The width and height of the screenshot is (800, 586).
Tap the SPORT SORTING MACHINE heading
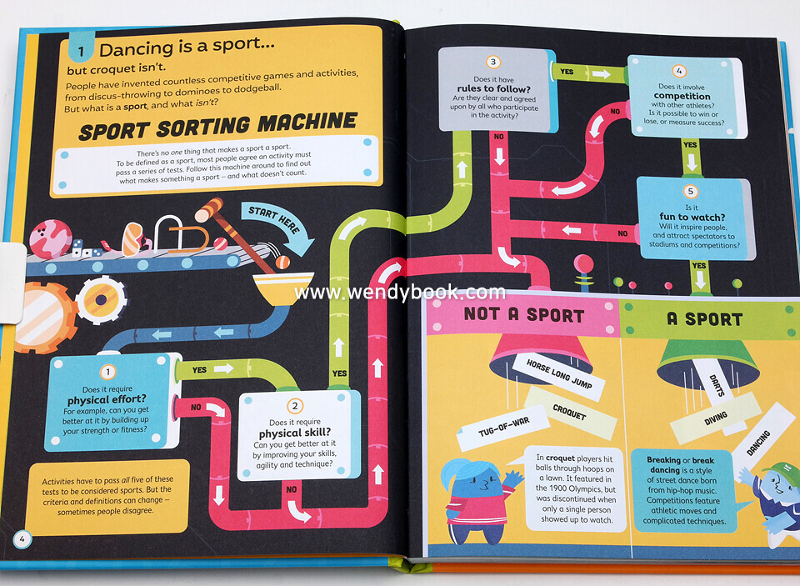(218, 125)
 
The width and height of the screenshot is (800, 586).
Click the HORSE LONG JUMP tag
(552, 371)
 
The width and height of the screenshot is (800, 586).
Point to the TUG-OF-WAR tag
(503, 427)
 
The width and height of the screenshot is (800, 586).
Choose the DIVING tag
(716, 418)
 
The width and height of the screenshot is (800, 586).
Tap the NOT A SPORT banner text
(524, 314)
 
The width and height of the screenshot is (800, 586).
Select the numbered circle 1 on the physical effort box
(108, 373)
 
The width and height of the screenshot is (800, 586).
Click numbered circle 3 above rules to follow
(493, 62)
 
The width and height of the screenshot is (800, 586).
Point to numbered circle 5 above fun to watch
(691, 191)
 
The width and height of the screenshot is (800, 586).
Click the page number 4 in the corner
(22, 539)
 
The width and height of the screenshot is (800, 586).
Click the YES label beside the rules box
(567, 72)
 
